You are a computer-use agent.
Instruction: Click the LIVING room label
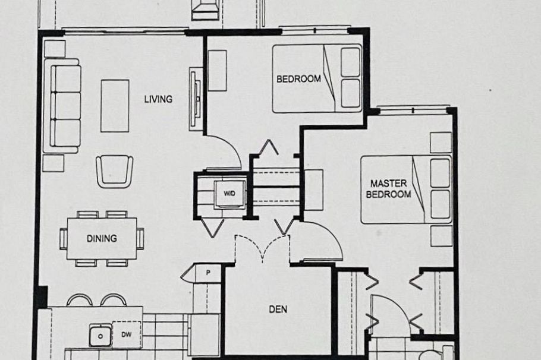(x=158, y=99)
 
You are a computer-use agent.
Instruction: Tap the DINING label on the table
(x=102, y=239)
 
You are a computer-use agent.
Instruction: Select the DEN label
(x=278, y=309)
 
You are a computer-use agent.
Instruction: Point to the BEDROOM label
(x=298, y=78)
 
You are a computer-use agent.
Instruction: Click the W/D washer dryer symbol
(x=229, y=194)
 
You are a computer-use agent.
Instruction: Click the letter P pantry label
(x=209, y=273)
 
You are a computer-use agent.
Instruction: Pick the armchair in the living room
(x=114, y=170)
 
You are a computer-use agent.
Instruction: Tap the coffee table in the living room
(x=115, y=106)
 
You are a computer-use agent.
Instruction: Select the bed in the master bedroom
(x=406, y=190)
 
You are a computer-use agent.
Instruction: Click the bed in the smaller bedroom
(x=317, y=78)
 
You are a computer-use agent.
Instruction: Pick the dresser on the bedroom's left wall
(x=217, y=71)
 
